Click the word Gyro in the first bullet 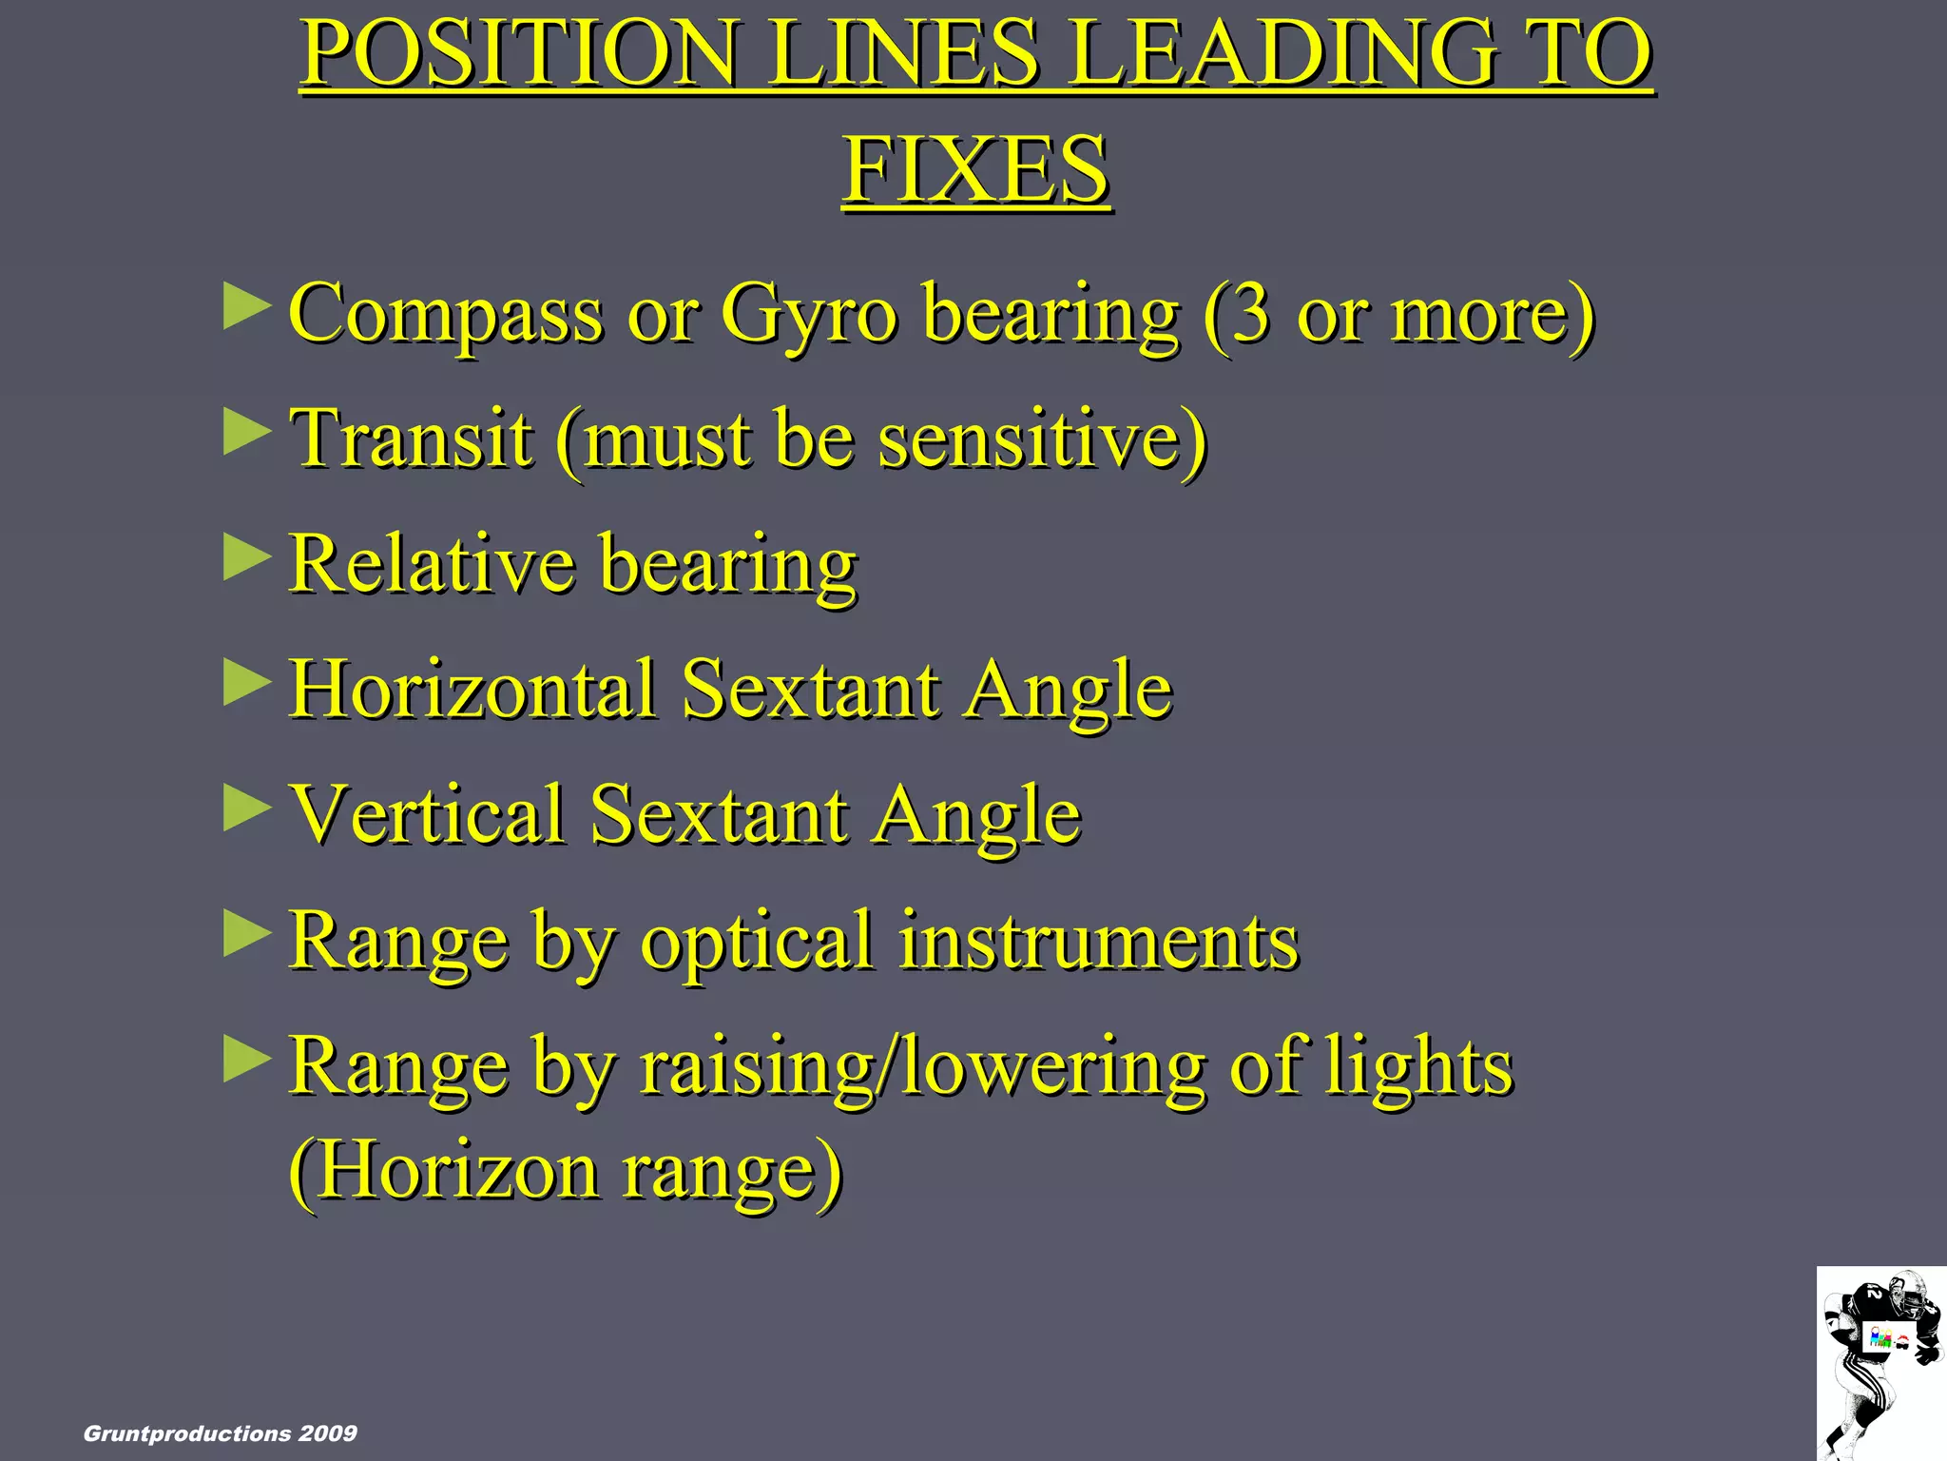[x=808, y=314]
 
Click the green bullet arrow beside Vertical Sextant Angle [x=246, y=808]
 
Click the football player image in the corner [x=1880, y=1362]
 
